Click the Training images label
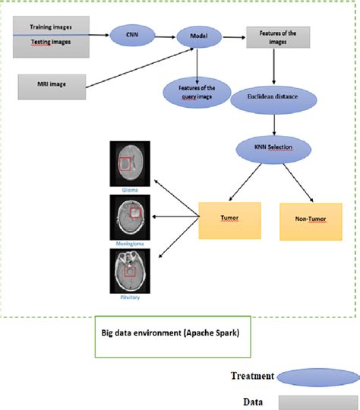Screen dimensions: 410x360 coord(51,27)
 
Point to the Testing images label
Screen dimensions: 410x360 coord(51,42)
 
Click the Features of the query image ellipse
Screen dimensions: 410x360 coord(196,94)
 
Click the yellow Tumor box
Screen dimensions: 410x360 coord(229,219)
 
